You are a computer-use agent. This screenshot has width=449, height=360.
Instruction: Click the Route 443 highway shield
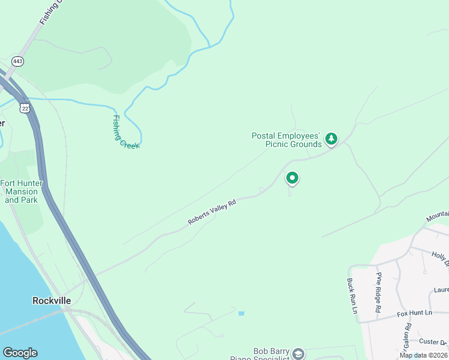click(x=17, y=61)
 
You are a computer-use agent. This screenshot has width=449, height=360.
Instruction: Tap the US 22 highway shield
click(x=23, y=107)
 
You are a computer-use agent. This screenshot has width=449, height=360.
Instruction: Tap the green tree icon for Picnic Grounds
click(x=331, y=140)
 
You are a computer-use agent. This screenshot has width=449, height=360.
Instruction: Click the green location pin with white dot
click(x=292, y=178)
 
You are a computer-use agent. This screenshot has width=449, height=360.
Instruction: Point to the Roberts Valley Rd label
click(x=212, y=212)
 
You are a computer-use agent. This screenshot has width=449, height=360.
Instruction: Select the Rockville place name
click(x=52, y=300)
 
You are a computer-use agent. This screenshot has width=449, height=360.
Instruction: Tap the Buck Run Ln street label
click(x=352, y=296)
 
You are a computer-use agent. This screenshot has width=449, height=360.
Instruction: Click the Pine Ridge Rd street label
click(x=379, y=292)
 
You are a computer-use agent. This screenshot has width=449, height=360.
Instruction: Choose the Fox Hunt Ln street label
click(x=414, y=313)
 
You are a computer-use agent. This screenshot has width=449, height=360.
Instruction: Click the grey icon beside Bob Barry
click(x=298, y=354)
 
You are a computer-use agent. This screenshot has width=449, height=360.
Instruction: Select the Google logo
click(x=20, y=353)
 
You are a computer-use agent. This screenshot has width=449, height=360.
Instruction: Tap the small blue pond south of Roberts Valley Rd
click(x=241, y=313)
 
